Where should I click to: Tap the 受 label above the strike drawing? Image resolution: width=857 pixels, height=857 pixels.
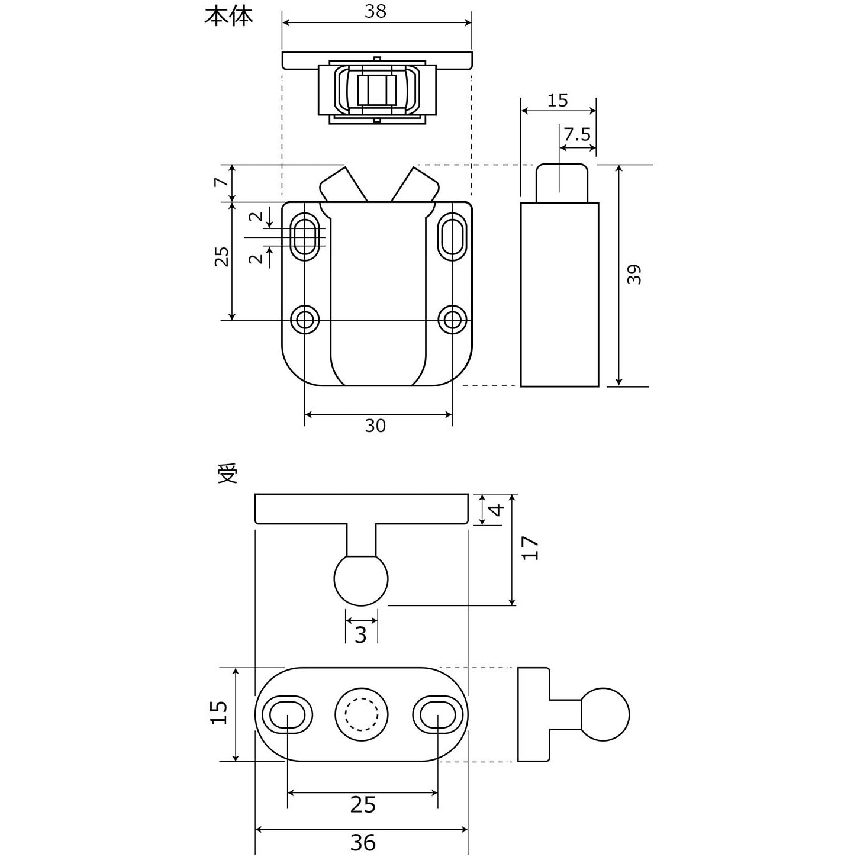[x=228, y=473]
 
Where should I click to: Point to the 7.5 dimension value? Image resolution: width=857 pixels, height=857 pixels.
[x=577, y=134]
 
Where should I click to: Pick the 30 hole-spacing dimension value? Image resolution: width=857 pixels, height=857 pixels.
[x=375, y=426]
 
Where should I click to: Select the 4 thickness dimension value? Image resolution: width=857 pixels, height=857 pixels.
[x=498, y=509]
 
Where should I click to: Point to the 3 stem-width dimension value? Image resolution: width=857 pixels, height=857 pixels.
[x=361, y=634]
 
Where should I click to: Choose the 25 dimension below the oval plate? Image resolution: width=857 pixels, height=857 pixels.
[x=362, y=804]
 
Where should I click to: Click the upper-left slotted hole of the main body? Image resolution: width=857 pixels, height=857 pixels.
[x=305, y=236]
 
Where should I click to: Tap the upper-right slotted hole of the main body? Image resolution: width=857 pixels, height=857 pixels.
[x=453, y=237]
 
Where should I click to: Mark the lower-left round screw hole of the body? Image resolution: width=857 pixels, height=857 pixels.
[x=305, y=320]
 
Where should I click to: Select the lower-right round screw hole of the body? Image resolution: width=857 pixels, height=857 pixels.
[x=453, y=320]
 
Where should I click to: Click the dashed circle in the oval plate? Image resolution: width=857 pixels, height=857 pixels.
[x=362, y=714]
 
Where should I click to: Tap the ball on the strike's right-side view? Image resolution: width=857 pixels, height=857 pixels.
[x=605, y=714]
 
